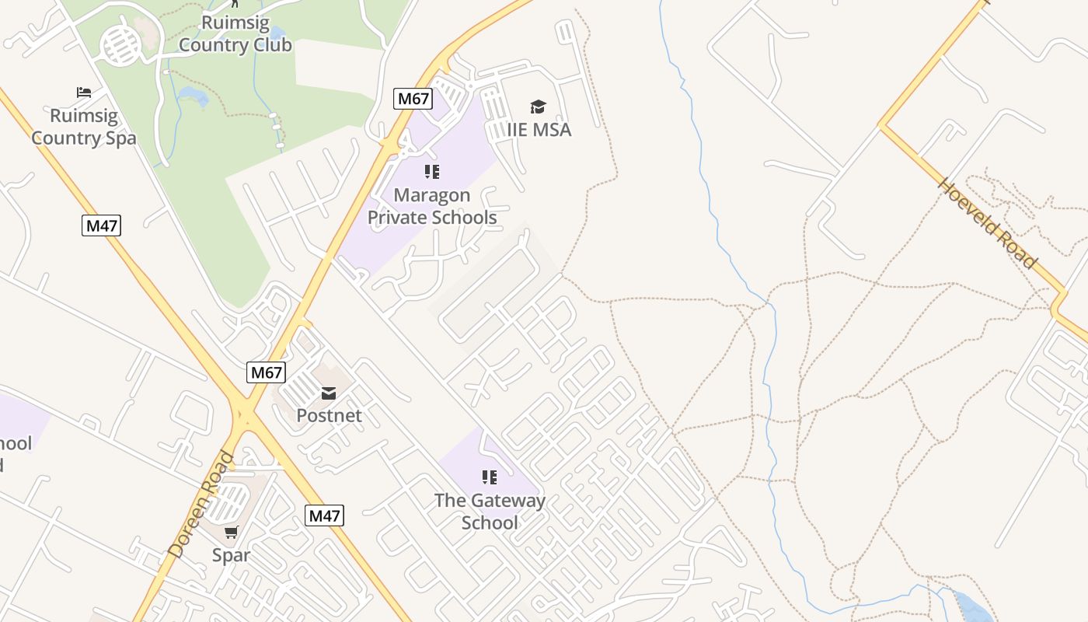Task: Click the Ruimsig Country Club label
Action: coord(235,33)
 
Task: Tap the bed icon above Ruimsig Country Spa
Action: coord(84,93)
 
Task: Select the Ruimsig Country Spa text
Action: coord(84,128)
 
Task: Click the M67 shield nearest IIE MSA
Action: coord(413,99)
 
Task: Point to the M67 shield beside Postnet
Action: coord(266,372)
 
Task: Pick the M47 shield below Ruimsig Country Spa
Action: coord(102,226)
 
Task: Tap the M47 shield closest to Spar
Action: coord(323,515)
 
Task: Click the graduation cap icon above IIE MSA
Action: coord(538,107)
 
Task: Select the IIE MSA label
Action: coord(539,129)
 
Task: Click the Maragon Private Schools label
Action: coord(432,206)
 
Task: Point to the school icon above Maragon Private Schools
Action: coord(432,172)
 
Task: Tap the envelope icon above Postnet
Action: coord(329,393)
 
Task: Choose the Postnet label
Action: coord(329,415)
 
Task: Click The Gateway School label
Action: coord(490,511)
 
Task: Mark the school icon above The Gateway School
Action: coord(489,477)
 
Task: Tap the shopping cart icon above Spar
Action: coord(231,533)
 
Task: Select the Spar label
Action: coord(231,555)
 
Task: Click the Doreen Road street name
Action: coord(201,504)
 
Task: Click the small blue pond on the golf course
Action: coord(193,96)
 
